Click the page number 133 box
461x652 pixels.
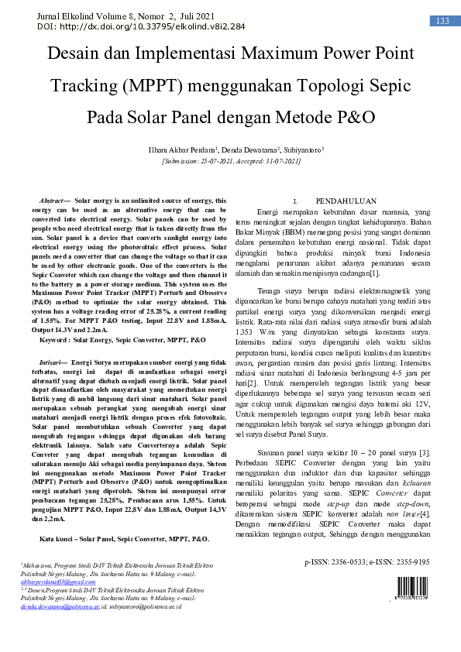[x=442, y=21]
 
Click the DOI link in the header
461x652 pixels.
[x=140, y=26]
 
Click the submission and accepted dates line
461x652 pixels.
[x=230, y=161]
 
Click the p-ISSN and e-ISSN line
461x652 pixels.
[x=366, y=563]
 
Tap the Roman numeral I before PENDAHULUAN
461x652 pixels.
[x=294, y=200]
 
